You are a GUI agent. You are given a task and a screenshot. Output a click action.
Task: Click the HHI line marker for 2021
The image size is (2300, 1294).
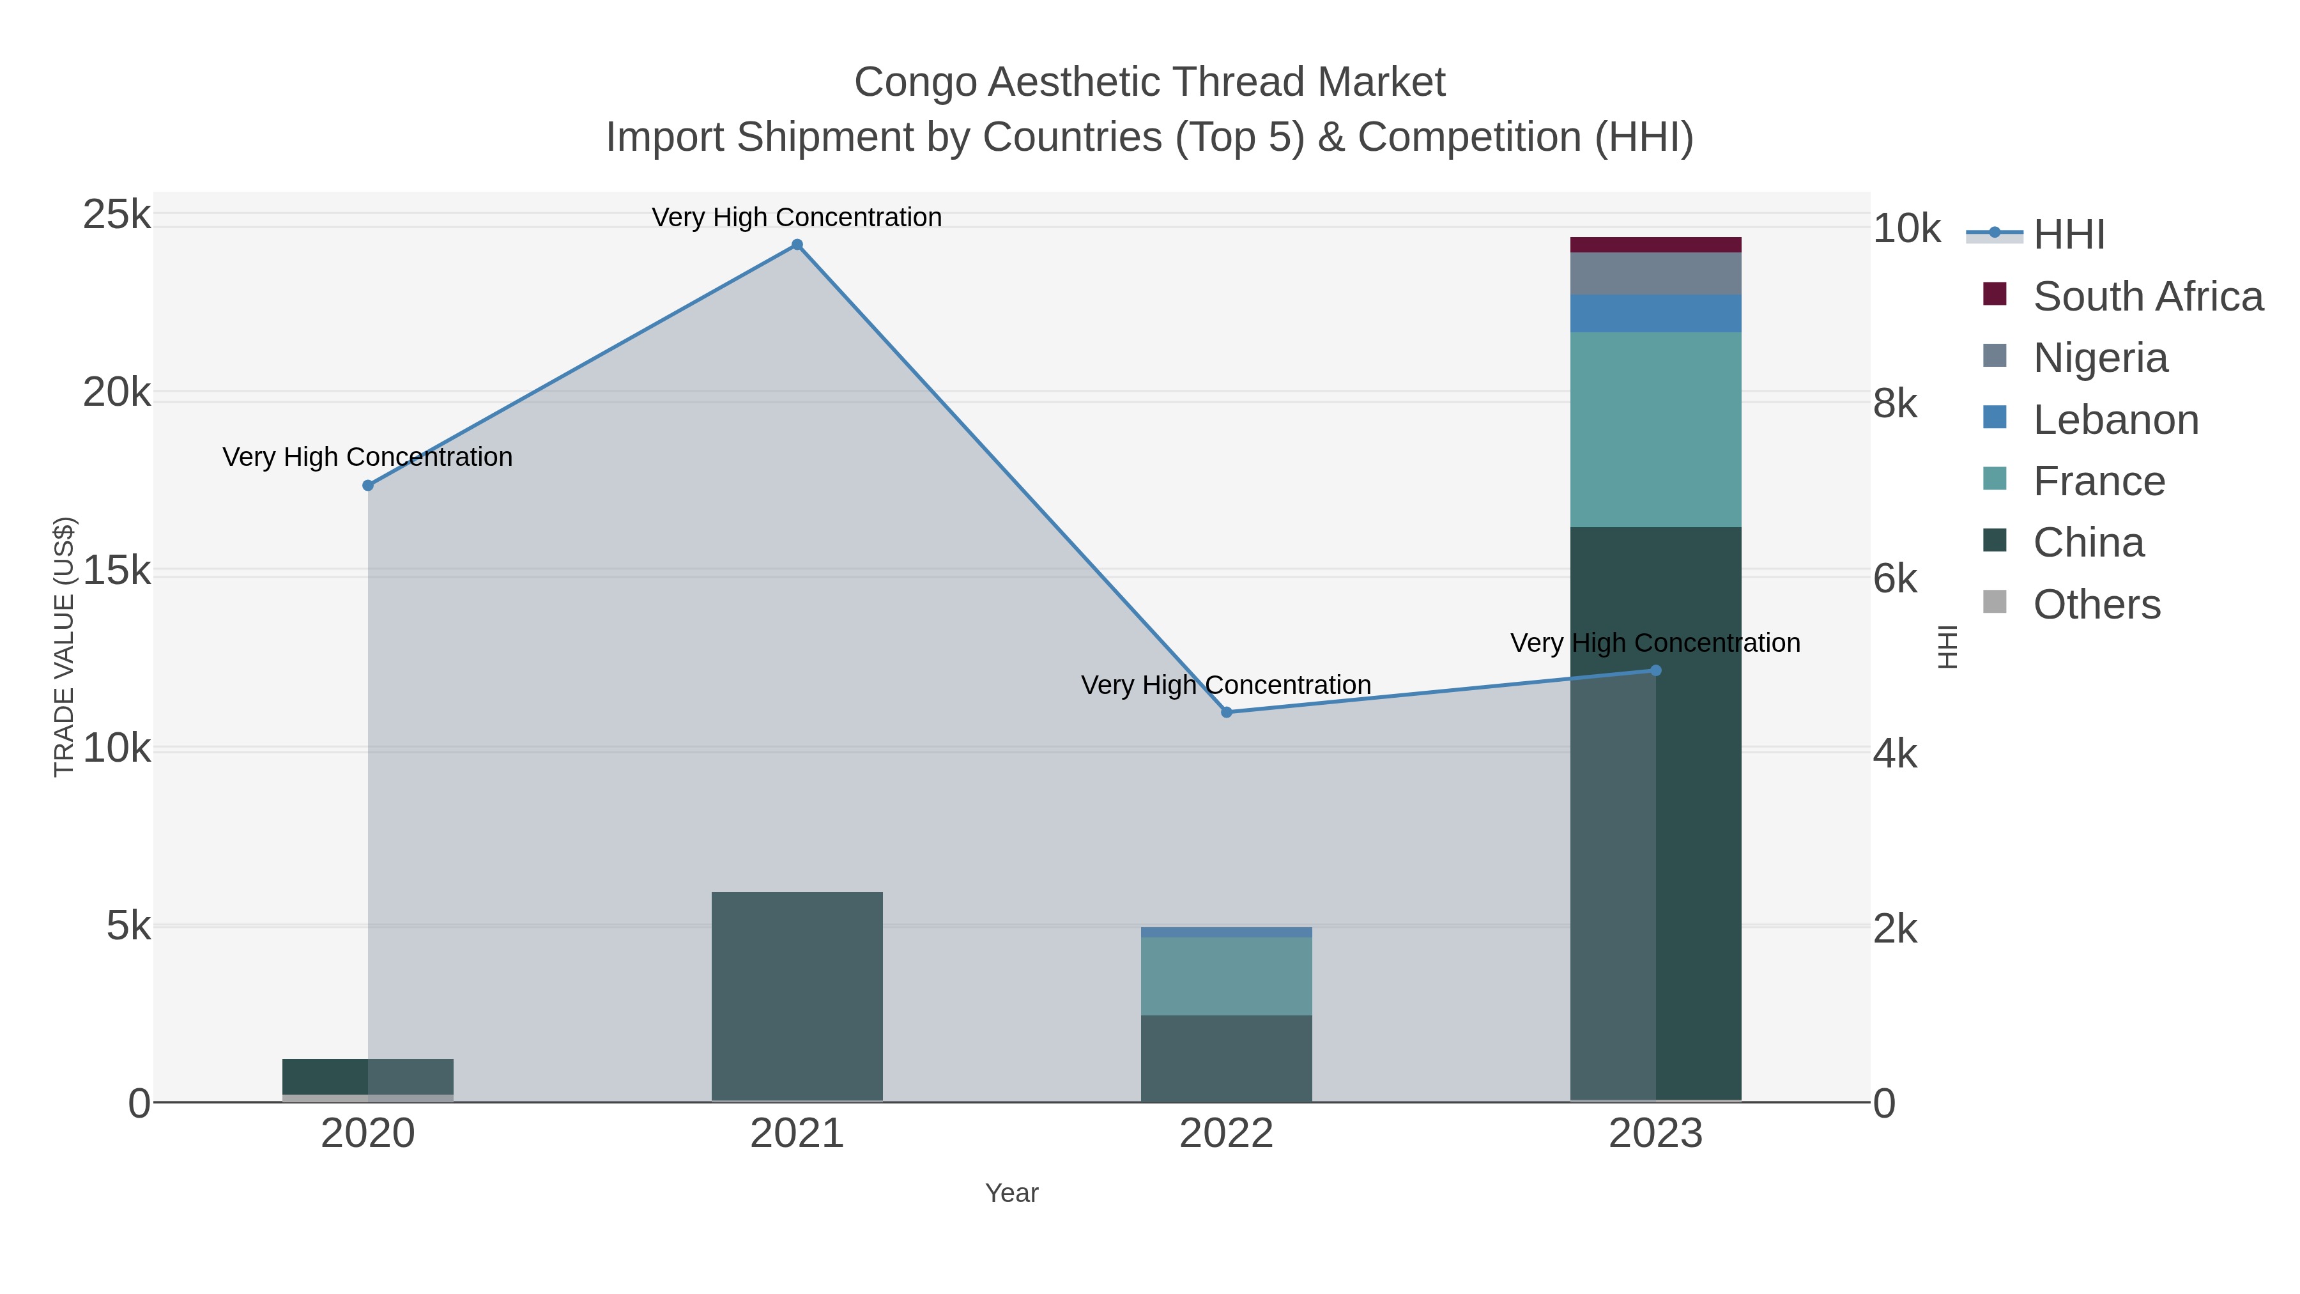tap(797, 245)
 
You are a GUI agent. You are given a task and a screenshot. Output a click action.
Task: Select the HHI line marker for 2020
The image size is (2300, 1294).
tap(368, 485)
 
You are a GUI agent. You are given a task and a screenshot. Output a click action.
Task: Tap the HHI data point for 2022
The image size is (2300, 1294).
tap(1226, 712)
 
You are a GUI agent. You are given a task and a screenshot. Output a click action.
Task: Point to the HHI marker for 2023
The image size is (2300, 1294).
tap(1655, 670)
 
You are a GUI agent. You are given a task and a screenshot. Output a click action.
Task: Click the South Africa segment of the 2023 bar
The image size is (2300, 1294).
tap(1655, 245)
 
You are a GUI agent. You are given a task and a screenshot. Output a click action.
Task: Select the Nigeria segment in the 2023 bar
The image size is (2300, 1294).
tap(1655, 273)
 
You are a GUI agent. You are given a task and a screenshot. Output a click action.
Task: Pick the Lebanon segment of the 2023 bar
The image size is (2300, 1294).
tap(1655, 314)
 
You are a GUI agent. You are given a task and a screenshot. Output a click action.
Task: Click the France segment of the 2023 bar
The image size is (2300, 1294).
tap(1655, 429)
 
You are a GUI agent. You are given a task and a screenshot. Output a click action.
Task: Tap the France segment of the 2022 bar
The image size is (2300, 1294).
tap(1226, 975)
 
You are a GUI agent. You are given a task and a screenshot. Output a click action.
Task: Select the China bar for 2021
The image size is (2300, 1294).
tap(797, 996)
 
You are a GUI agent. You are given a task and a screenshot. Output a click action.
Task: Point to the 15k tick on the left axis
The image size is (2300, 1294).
tap(117, 571)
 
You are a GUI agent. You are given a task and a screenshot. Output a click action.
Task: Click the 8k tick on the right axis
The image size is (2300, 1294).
tap(1895, 404)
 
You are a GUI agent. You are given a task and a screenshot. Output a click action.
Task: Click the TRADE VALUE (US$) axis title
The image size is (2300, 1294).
tap(65, 647)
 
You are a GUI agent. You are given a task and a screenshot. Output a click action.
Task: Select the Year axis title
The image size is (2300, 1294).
tap(1011, 1193)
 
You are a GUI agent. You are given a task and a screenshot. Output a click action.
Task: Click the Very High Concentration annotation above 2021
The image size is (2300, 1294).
tap(797, 217)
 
